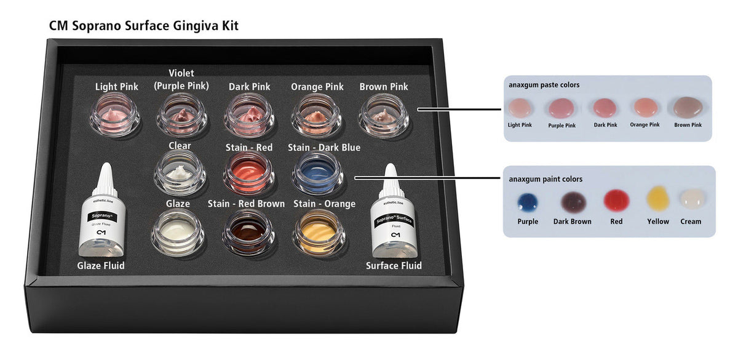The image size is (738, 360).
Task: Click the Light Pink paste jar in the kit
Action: pyautogui.click(x=115, y=114)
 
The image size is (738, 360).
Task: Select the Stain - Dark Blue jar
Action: pyautogui.click(x=317, y=173)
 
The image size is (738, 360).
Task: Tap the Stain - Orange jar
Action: pyautogui.click(x=317, y=231)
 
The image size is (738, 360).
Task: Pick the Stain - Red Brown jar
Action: pyautogui.click(x=248, y=231)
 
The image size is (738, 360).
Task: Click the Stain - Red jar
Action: pyautogui.click(x=248, y=173)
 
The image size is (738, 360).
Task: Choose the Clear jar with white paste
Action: pyautogui.click(x=180, y=173)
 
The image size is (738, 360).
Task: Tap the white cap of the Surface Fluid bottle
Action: pyautogui.click(x=391, y=178)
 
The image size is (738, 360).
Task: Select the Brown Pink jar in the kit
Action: pyautogui.click(x=384, y=114)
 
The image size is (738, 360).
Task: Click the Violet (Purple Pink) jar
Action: pyautogui.click(x=181, y=114)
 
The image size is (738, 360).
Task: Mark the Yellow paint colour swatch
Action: pyautogui.click(x=657, y=199)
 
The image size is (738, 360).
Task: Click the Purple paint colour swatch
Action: pyautogui.click(x=528, y=202)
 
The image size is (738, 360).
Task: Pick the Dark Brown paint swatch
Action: pyautogui.click(x=573, y=202)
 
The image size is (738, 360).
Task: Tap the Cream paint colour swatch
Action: pyautogui.click(x=691, y=199)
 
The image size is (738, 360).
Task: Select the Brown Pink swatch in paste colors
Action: pyautogui.click(x=688, y=108)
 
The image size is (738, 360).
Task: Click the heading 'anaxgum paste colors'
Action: pyautogui.click(x=544, y=85)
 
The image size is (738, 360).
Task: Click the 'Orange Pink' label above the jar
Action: pyautogui.click(x=317, y=87)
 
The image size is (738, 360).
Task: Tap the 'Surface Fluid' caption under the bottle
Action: pyautogui.click(x=394, y=265)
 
